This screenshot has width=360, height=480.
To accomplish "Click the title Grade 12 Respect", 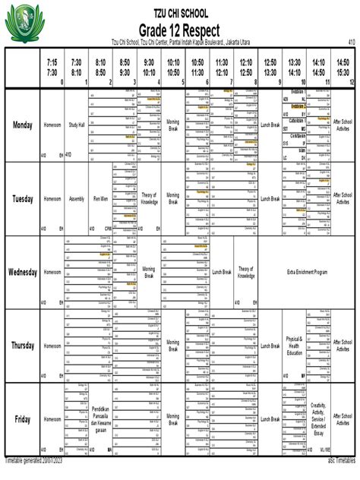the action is [179, 29].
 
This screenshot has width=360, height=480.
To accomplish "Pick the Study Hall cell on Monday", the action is [77, 125].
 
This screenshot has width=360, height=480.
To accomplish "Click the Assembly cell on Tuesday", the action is [77, 198].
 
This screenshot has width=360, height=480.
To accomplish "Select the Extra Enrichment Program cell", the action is [306, 272].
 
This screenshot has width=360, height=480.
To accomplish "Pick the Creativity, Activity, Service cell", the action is [318, 419].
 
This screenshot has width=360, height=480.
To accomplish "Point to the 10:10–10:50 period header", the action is [173, 67].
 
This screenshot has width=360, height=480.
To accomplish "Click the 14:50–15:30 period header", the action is [343, 67].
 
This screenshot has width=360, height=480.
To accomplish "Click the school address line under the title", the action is [179, 42].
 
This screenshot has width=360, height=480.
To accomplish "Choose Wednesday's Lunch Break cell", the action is [222, 272].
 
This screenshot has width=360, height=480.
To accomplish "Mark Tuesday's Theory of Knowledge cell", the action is [149, 198].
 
